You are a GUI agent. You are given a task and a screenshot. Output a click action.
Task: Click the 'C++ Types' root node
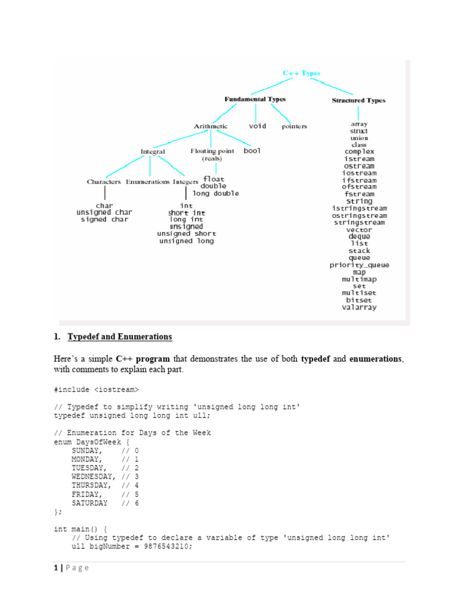pos(301,73)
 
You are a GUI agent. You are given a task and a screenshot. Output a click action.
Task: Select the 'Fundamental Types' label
pos(255,100)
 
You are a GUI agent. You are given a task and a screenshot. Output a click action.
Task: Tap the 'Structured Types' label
pos(358,101)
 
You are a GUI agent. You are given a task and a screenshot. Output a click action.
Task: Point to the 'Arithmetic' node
pos(211,126)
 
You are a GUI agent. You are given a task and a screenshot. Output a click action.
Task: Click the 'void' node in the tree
pos(257,126)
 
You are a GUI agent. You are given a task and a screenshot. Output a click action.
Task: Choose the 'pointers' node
pos(294,126)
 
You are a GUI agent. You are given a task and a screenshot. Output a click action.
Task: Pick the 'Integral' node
pos(153,152)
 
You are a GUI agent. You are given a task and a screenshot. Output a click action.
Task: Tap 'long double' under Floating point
pos(215,194)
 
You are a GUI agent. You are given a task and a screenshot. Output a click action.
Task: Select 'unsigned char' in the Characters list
pos(104,212)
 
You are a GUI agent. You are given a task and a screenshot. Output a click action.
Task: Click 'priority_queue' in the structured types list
pos(360,265)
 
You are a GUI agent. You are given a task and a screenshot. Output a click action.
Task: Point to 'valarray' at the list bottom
pos(360,308)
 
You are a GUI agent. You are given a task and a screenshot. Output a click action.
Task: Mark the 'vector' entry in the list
pos(360,230)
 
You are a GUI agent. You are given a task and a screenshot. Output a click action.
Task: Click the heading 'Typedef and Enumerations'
pos(120,337)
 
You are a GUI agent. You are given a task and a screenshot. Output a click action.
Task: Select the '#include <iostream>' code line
pos(96,390)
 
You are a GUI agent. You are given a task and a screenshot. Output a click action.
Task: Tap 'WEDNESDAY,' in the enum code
pos(94,477)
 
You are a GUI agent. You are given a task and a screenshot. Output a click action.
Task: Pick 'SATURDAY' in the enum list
pos(89,503)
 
